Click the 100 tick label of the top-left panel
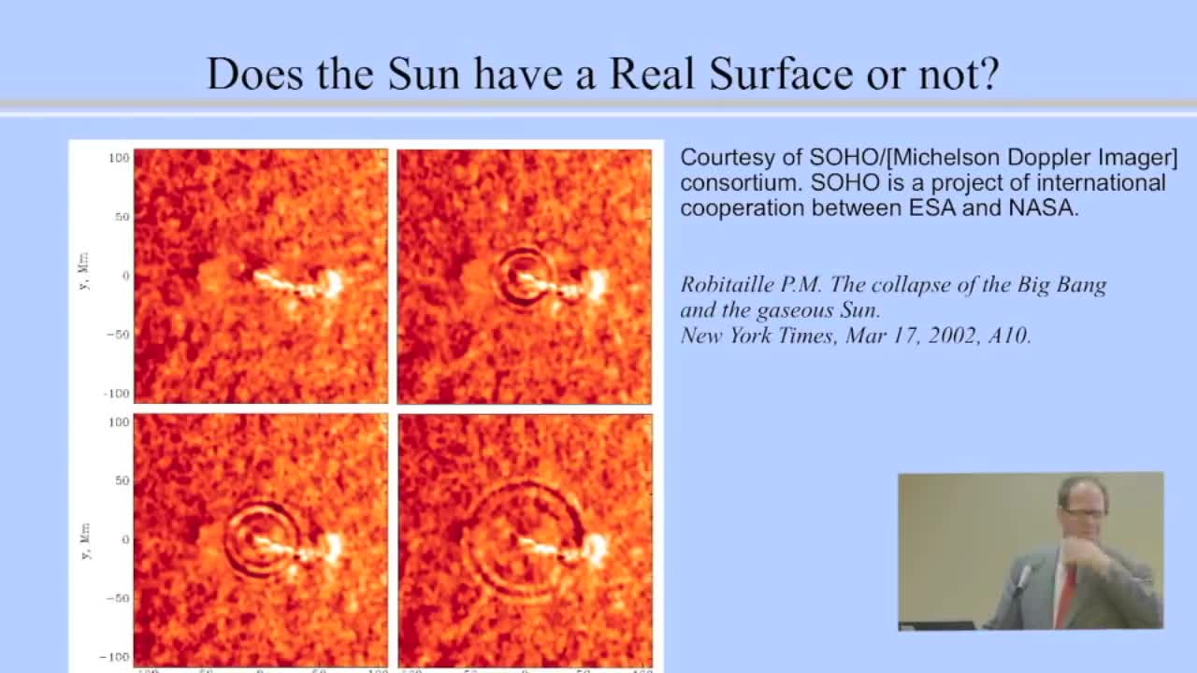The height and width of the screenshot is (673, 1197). [117, 158]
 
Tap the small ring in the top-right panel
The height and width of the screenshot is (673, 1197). [521, 277]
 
